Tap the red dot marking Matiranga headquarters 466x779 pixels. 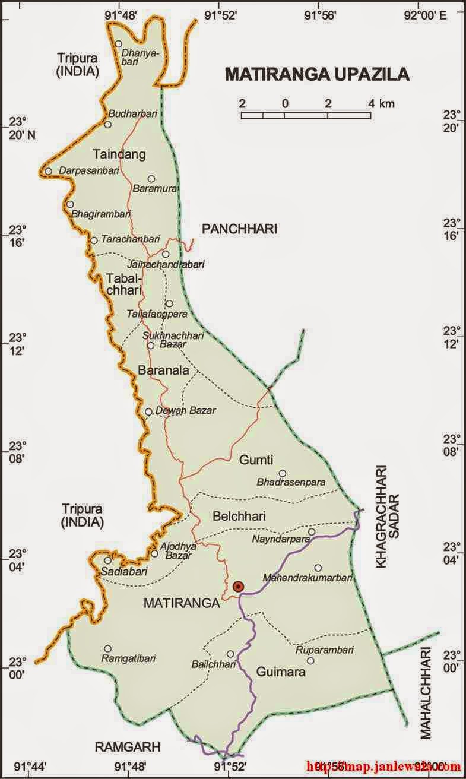(x=238, y=587)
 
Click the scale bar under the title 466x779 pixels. (x=306, y=115)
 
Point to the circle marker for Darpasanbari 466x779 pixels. (x=48, y=172)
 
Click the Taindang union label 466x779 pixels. (x=119, y=154)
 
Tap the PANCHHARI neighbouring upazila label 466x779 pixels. (x=239, y=229)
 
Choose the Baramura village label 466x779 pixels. (x=152, y=189)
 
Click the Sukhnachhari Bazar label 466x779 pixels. (x=173, y=340)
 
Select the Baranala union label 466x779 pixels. (x=163, y=370)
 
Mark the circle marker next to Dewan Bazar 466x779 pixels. (x=148, y=411)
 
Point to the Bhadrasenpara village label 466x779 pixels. (x=291, y=483)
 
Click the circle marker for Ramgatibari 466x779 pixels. (x=107, y=648)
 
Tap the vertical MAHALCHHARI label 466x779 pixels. (x=426, y=693)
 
